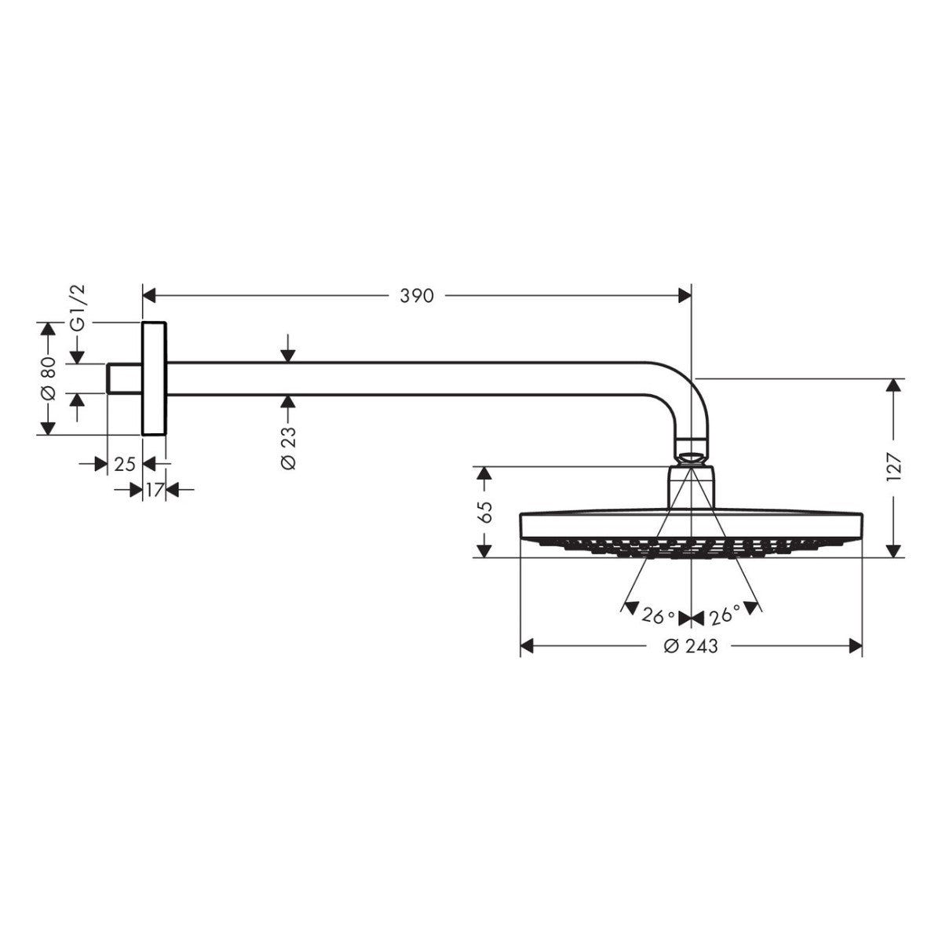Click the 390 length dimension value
(417, 296)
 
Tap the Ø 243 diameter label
(691, 646)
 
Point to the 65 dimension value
(485, 512)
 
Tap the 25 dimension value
(125, 464)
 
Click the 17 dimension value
(154, 491)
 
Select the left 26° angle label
(658, 617)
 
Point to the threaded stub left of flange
(124, 378)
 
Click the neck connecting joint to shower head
(692, 487)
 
